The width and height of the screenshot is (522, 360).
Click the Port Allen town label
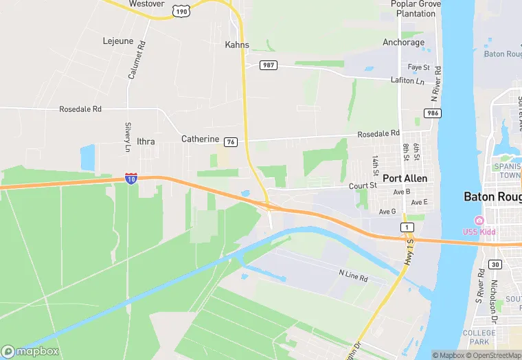tap(405, 178)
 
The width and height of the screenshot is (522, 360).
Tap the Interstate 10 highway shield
tap(131, 178)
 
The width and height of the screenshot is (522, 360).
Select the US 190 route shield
tap(181, 12)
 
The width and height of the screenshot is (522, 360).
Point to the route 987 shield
tap(268, 65)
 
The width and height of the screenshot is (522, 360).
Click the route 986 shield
tap(432, 113)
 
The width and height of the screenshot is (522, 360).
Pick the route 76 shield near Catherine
tap(231, 142)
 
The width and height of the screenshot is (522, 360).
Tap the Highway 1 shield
tap(407, 227)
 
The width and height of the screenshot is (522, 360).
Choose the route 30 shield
tap(496, 264)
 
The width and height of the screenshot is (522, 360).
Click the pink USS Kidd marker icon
tap(479, 220)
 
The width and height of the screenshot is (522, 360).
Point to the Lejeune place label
tap(117, 41)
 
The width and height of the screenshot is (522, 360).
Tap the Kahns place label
tap(237, 45)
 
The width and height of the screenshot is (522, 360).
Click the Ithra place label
tap(146, 142)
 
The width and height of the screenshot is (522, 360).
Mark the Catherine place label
tap(200, 139)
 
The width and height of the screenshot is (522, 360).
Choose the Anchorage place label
tap(403, 43)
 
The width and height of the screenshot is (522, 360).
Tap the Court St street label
tap(363, 185)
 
